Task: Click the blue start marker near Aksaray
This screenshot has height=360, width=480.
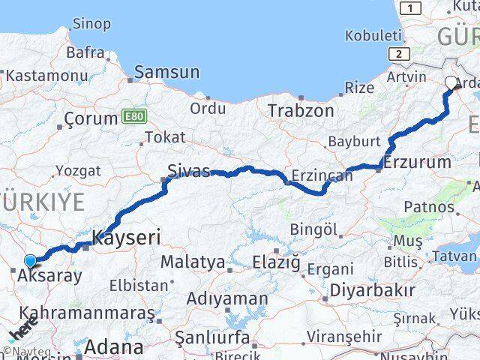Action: pos(30,261)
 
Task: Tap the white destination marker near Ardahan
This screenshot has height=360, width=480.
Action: pos(451,83)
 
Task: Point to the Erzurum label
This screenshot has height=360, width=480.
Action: pos(417,162)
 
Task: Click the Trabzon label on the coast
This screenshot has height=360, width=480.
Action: pos(301,110)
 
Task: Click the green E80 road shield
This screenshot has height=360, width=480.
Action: pos(133,117)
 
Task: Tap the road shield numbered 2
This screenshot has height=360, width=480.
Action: pos(400,53)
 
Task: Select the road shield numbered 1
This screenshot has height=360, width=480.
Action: pos(410,7)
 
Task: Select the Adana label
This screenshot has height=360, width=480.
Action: pos(113,347)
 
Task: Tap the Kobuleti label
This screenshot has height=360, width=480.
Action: pos(373,35)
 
